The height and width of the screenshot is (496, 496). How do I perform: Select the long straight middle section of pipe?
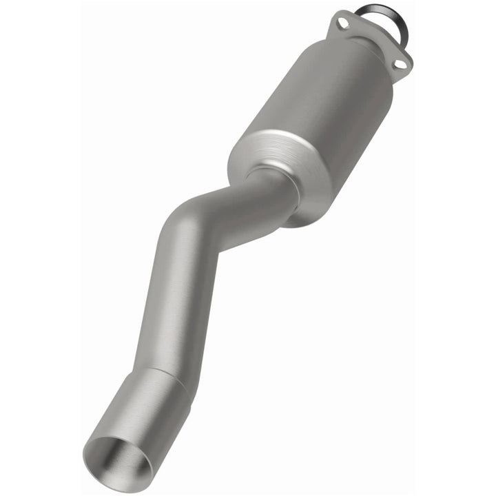coord(169,296)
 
